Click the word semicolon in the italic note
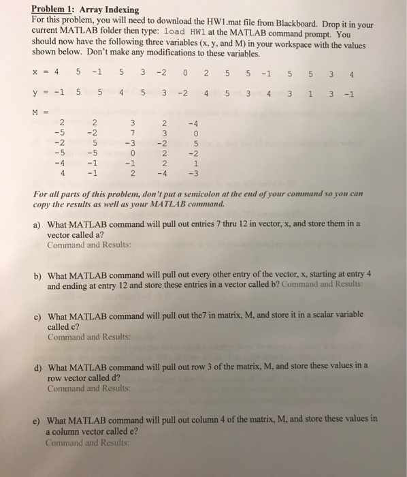(237, 194)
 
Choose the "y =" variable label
(39, 95)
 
